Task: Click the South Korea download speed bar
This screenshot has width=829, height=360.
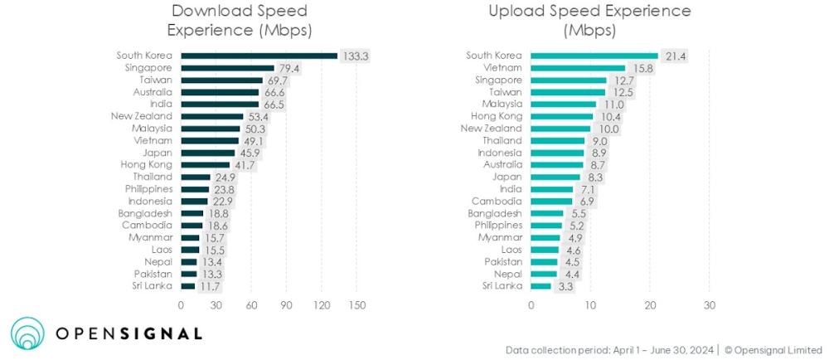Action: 259,56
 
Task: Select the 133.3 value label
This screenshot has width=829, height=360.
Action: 355,56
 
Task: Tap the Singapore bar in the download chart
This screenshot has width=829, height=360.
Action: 227,68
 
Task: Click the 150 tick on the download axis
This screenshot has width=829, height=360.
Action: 356,304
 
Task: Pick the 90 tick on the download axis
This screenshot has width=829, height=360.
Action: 286,304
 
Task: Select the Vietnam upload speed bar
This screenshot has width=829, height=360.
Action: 578,68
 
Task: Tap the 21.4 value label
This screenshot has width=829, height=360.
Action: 675,56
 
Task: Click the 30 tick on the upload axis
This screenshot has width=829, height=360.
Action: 709,304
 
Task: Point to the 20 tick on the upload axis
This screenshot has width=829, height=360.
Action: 649,304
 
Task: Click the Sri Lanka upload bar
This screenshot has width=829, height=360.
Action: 541,285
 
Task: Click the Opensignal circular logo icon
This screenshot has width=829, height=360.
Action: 27,333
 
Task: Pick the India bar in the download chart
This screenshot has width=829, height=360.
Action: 220,105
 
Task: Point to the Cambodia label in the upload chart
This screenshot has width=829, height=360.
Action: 497,201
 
